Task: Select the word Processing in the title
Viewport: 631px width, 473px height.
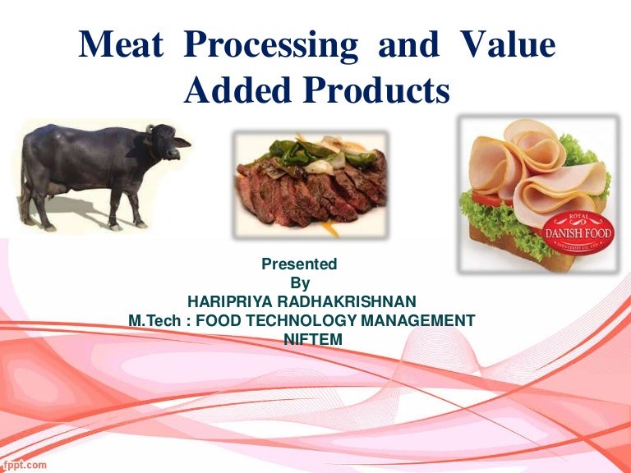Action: click(x=278, y=47)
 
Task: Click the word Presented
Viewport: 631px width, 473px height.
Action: click(x=299, y=264)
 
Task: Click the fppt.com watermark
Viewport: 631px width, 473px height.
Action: click(x=24, y=464)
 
